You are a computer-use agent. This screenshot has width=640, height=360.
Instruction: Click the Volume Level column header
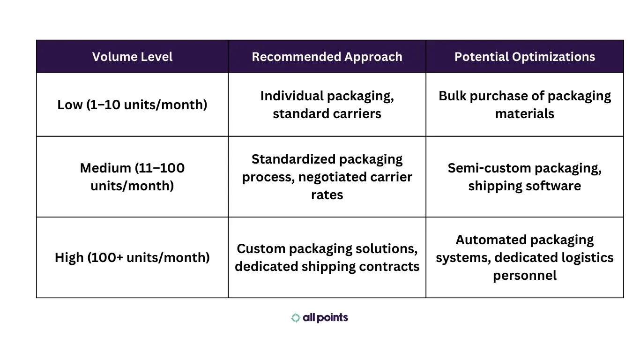(132, 57)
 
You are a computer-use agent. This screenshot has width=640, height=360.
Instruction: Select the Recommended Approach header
(327, 57)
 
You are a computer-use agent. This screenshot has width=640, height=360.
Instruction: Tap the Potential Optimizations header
(525, 57)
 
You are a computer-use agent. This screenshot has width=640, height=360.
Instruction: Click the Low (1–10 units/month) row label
(132, 105)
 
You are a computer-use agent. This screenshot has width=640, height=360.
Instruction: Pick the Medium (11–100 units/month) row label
(132, 177)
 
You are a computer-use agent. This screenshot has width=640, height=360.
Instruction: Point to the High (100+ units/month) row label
(132, 257)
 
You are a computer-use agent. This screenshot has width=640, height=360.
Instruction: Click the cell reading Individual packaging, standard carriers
(327, 105)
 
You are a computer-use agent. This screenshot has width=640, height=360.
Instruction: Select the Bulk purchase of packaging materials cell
(525, 105)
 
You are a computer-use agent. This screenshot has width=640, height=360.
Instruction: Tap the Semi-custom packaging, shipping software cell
(525, 177)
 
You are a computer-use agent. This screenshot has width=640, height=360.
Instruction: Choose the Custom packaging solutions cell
(327, 257)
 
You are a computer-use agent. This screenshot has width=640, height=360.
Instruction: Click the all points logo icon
(296, 318)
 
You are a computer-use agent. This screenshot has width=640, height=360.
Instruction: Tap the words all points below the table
(325, 318)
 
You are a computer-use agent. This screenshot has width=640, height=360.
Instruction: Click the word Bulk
(452, 96)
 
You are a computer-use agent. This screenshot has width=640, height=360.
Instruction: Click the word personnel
(525, 275)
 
